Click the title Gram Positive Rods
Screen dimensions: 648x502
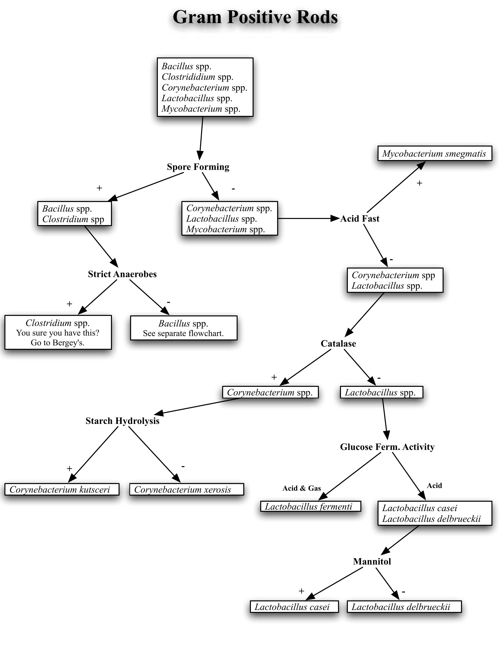(x=255, y=17)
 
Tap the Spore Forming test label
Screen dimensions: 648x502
(x=198, y=167)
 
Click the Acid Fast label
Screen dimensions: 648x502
(x=360, y=219)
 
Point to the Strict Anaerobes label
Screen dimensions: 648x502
(x=122, y=274)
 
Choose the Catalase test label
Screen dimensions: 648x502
(x=338, y=343)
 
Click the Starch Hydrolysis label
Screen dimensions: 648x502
(x=122, y=421)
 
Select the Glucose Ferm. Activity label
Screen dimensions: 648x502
(x=387, y=447)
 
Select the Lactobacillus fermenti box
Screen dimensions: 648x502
(x=310, y=506)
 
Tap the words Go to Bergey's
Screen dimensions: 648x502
(x=57, y=343)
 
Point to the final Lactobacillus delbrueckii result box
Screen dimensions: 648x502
(x=404, y=607)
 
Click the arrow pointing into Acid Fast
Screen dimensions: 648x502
(x=309, y=219)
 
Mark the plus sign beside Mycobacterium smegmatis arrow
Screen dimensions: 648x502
(x=419, y=183)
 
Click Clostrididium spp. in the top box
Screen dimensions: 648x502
(x=197, y=77)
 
